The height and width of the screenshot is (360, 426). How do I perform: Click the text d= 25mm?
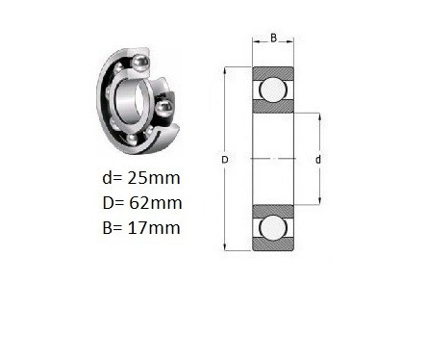[x=141, y=178]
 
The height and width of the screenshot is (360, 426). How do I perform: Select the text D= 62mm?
[x=142, y=203]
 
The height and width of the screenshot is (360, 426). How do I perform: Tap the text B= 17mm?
[x=141, y=228]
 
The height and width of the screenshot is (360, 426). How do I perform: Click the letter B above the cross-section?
[x=273, y=38]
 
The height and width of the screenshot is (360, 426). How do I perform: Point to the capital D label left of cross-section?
[x=225, y=160]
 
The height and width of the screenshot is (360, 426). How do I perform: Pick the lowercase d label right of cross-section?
[x=318, y=160]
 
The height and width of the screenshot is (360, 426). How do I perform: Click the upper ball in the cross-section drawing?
[x=273, y=90]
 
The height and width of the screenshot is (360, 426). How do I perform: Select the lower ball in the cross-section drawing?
[x=273, y=228]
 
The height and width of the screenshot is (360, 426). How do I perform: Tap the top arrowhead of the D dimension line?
[x=225, y=70]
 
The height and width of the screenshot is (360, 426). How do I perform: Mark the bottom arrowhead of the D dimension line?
[x=225, y=246]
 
